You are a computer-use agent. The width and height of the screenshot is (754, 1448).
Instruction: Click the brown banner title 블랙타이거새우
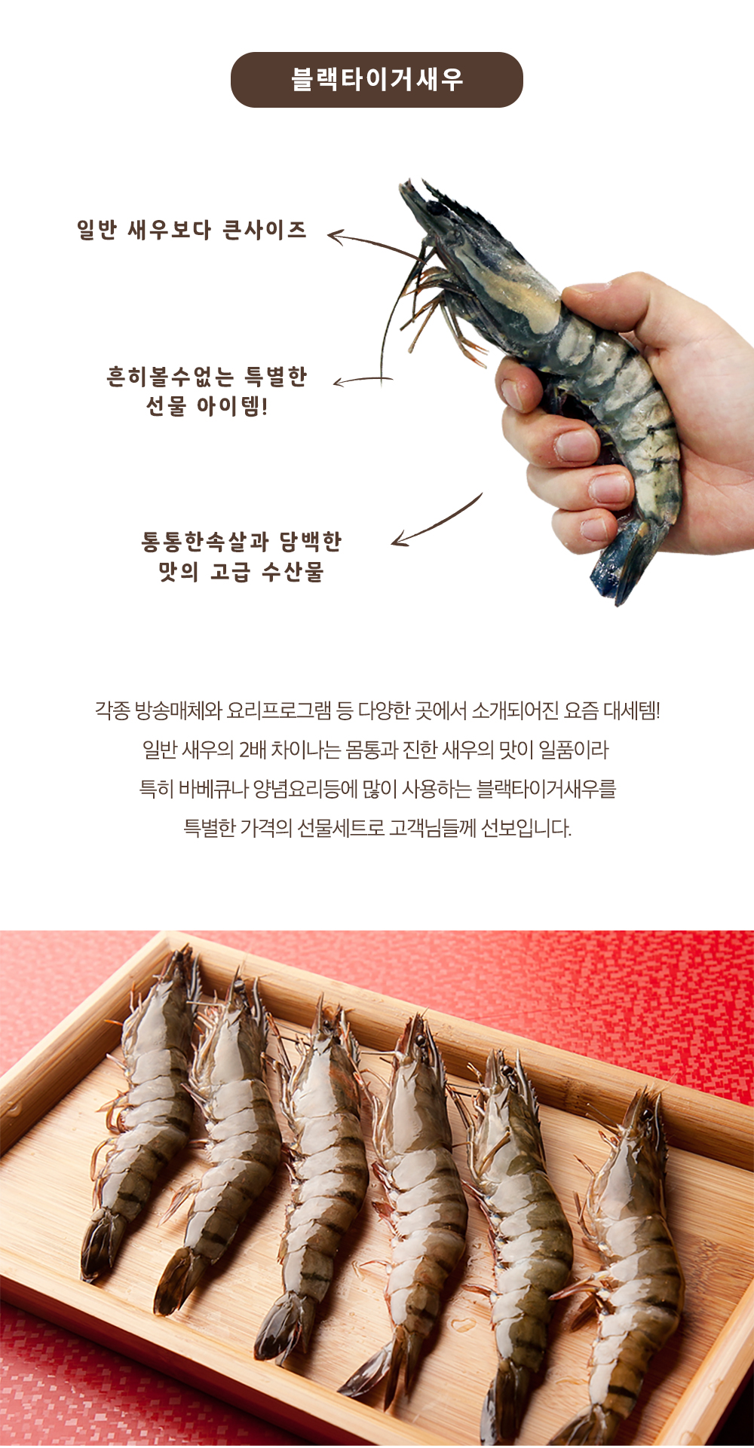(x=377, y=79)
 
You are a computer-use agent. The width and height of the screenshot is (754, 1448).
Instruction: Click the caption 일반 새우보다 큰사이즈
(x=192, y=230)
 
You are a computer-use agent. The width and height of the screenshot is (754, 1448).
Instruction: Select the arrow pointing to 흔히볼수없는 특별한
(x=363, y=381)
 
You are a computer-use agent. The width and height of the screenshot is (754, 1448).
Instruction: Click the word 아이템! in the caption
(x=232, y=406)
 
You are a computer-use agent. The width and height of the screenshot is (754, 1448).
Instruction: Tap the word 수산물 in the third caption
(x=293, y=572)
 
